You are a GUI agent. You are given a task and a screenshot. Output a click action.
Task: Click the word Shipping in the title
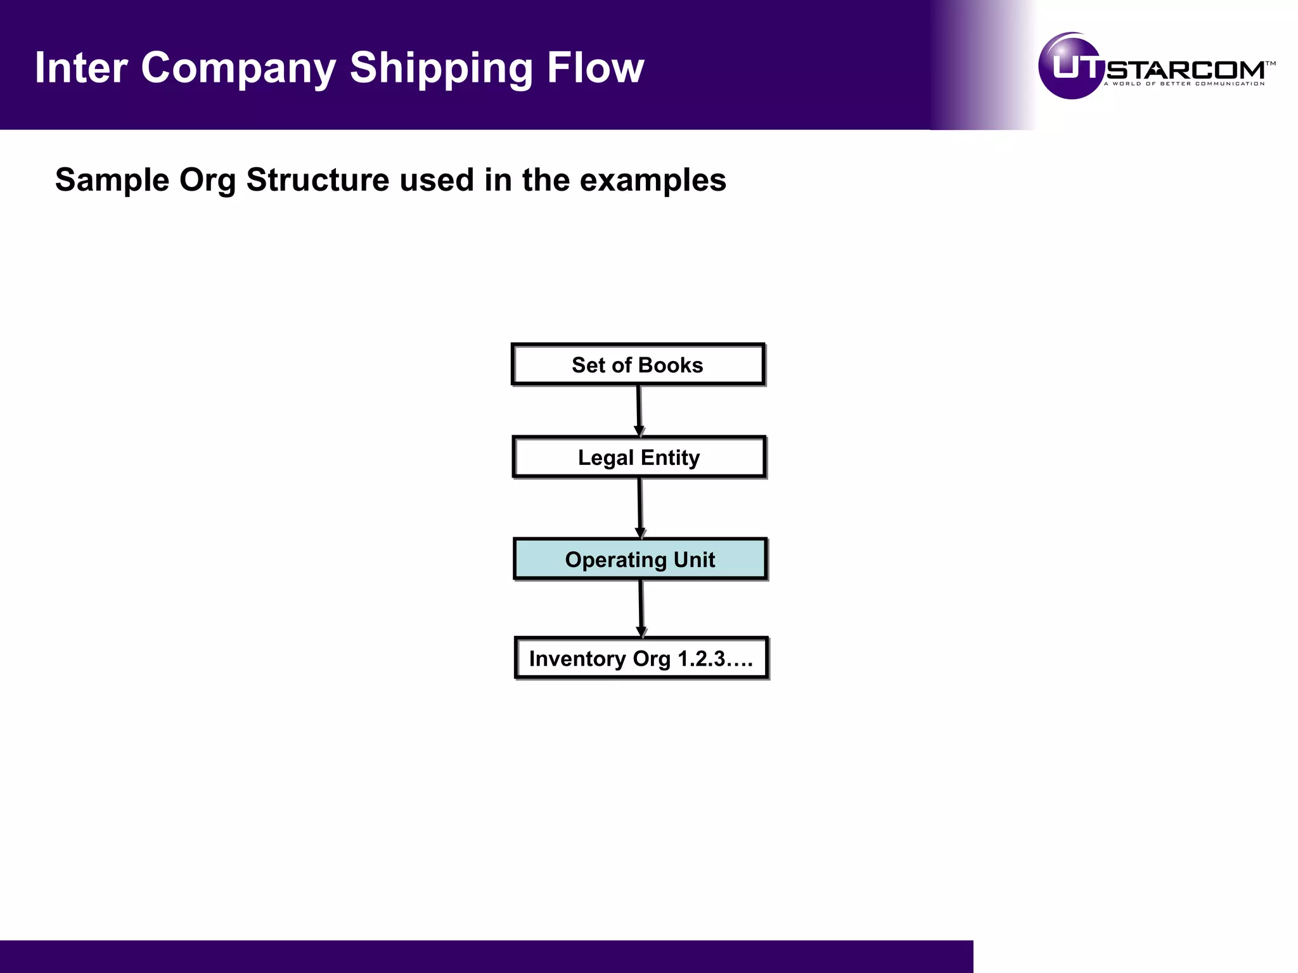(x=441, y=68)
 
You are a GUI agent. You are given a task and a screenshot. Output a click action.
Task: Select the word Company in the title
(x=238, y=68)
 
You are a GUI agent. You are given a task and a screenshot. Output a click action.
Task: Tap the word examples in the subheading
(x=653, y=181)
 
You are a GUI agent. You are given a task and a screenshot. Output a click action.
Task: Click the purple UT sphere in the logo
(x=1071, y=67)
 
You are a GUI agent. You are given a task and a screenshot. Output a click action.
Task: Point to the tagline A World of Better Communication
(x=1184, y=84)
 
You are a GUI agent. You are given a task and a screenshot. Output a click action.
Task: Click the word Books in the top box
(x=671, y=366)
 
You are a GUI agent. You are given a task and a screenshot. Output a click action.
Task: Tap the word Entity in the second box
(x=670, y=457)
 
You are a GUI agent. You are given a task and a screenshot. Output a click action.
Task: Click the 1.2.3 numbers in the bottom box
(x=701, y=659)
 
